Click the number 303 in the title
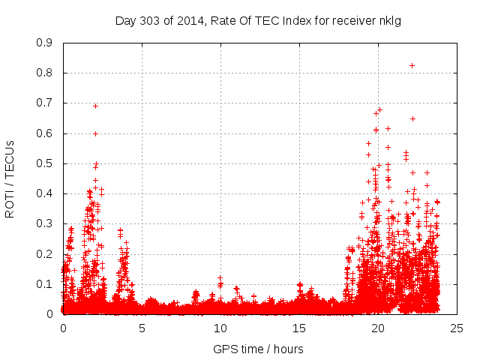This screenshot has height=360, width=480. click(x=146, y=20)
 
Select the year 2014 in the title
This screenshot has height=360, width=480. click(x=184, y=20)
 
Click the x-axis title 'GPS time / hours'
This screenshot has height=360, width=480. click(x=259, y=349)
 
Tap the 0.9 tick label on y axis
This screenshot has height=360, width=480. click(x=45, y=43)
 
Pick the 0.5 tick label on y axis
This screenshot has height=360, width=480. click(x=45, y=163)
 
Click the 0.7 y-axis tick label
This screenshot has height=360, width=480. click(x=45, y=103)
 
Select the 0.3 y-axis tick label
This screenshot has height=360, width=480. click(x=45, y=223)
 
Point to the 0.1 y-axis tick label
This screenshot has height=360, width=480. click(x=45, y=284)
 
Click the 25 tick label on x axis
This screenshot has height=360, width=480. click(x=457, y=328)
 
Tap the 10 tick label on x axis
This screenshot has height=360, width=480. click(x=220, y=328)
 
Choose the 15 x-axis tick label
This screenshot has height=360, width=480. click(x=299, y=328)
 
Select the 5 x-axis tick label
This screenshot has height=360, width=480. click(x=142, y=328)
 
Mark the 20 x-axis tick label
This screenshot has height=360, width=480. click(x=378, y=328)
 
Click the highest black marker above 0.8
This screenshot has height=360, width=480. click(x=412, y=65)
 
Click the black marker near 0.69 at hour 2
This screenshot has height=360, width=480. click(x=95, y=106)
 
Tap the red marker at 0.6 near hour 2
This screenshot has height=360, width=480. click(x=95, y=133)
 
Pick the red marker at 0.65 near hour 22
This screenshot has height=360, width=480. click(x=412, y=118)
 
